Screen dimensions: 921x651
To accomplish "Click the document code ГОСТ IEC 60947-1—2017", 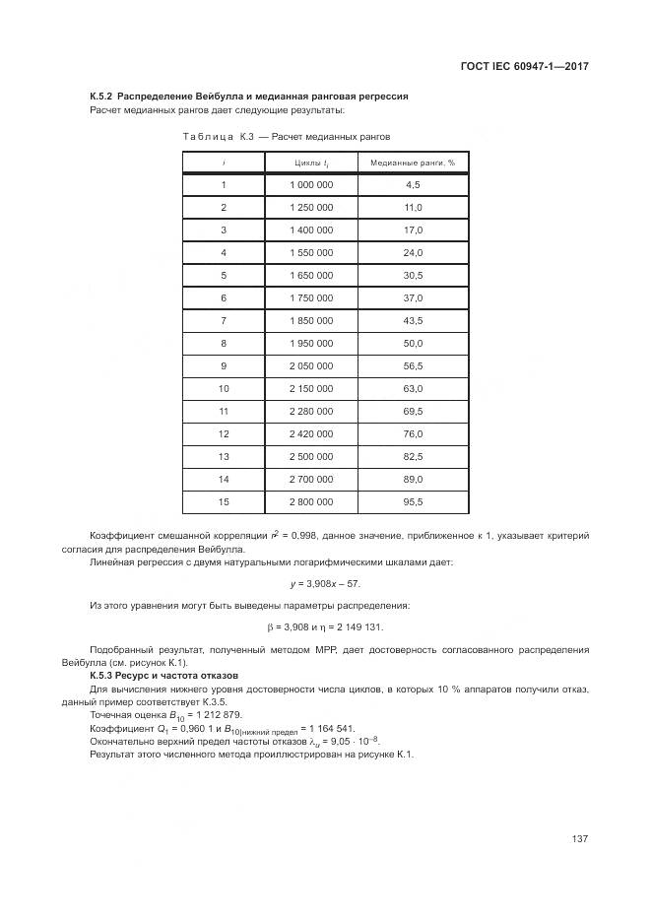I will (x=525, y=68).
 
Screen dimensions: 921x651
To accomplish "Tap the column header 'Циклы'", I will (x=311, y=163).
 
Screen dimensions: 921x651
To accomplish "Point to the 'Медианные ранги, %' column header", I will (x=413, y=163).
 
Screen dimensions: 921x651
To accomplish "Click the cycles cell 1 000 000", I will (x=311, y=185).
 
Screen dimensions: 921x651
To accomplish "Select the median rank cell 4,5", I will (x=413, y=185).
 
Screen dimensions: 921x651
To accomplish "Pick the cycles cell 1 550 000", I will (x=311, y=253).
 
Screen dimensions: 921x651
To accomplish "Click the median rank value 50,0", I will (x=413, y=344).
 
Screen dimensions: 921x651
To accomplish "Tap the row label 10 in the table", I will (x=224, y=389).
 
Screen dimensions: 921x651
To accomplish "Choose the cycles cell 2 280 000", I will (x=311, y=412).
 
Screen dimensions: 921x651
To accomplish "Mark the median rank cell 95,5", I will (x=413, y=502).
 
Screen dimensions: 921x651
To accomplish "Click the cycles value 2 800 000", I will (x=311, y=502).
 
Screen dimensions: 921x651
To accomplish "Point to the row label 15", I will (x=224, y=502).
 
